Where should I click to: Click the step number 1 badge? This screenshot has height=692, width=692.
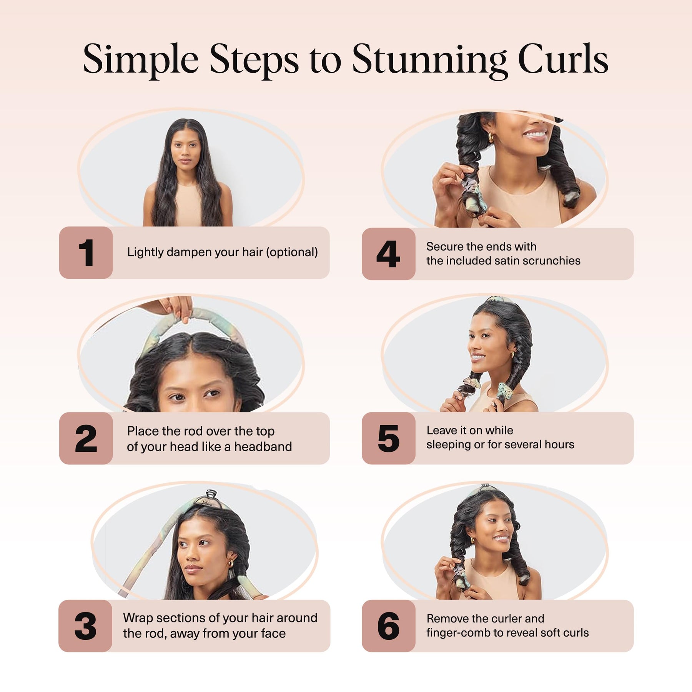coord(86,253)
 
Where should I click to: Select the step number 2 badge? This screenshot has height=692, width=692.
coord(86,438)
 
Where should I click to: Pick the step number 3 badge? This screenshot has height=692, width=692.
coord(85,626)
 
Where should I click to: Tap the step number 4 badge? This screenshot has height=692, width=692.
coord(389,254)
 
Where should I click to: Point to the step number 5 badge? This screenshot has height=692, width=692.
coord(389,438)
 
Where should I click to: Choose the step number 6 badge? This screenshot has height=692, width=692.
coord(389,626)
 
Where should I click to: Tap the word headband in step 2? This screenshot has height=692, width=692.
coord(263,447)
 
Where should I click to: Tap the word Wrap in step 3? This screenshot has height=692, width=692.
coord(137,618)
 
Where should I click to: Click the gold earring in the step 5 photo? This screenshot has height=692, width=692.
coord(512,354)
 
